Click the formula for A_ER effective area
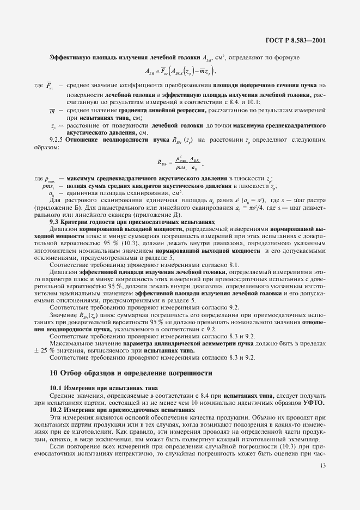(x=180, y=70)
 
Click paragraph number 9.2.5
(x=58, y=140)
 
